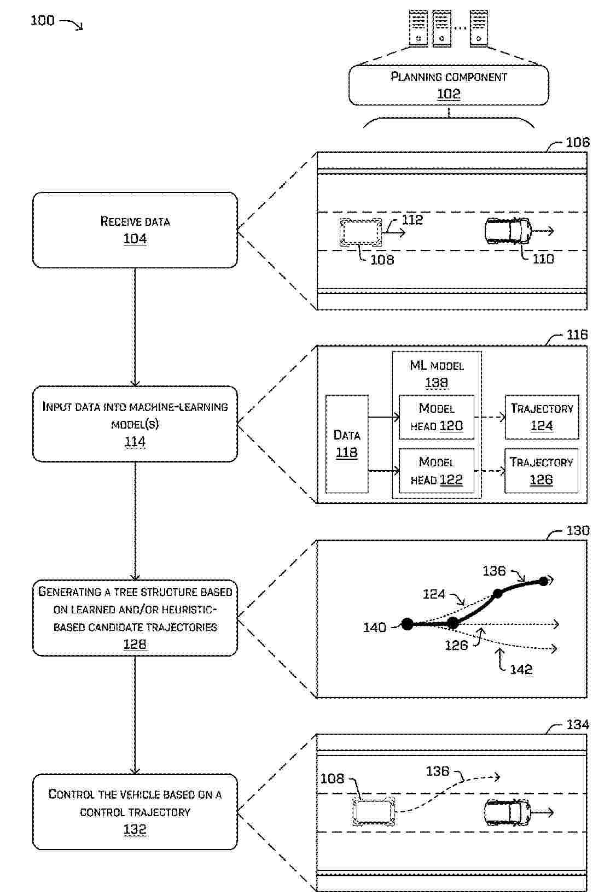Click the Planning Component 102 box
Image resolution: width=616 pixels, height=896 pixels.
[448, 85]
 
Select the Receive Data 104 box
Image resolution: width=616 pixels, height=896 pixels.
[135, 230]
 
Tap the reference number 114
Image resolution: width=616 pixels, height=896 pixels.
[135, 442]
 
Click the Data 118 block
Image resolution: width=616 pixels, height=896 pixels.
[347, 444]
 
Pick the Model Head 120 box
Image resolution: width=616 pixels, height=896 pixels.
[437, 417]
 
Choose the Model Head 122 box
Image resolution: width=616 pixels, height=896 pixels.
[437, 471]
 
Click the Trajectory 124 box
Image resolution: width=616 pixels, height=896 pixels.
[542, 417]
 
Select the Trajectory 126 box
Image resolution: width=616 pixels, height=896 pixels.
[541, 471]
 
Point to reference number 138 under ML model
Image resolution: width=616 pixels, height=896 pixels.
[437, 383]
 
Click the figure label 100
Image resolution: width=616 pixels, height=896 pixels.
[42, 21]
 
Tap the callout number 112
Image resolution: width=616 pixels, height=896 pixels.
[412, 220]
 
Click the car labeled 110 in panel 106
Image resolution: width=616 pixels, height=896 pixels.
[508, 231]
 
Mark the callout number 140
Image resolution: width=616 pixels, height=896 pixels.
[374, 628]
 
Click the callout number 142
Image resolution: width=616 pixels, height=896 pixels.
[521, 670]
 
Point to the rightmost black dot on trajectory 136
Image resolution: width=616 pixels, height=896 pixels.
[543, 581]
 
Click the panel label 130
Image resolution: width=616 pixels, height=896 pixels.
[578, 531]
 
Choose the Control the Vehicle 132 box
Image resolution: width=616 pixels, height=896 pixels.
[135, 812]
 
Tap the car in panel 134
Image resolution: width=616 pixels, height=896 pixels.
[507, 813]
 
